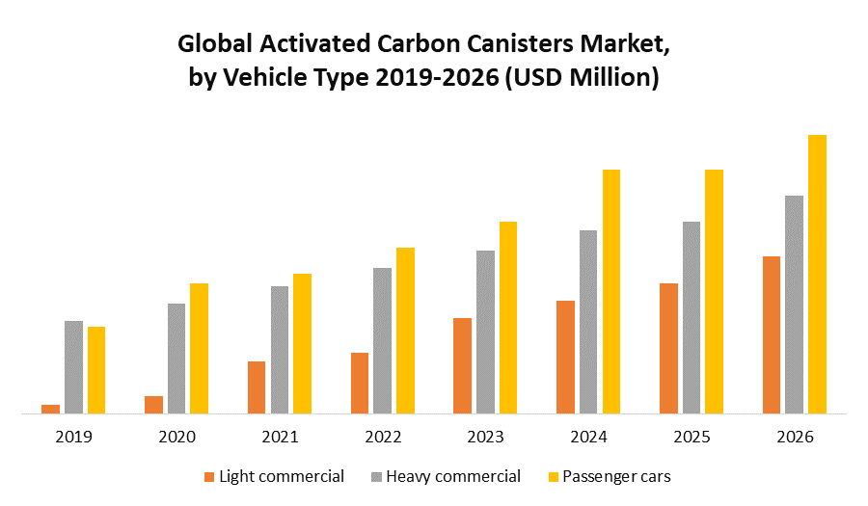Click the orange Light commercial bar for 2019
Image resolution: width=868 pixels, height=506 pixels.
coord(50,409)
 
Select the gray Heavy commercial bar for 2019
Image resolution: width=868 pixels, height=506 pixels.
coord(73,366)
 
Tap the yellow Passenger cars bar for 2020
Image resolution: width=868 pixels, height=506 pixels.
coord(199,348)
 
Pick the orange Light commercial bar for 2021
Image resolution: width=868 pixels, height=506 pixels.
coord(257,386)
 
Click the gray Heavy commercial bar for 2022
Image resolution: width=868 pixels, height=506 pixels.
coord(383,340)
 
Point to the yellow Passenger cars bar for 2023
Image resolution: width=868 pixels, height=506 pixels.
coord(508,317)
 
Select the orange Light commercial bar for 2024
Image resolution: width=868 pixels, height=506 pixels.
coord(565,357)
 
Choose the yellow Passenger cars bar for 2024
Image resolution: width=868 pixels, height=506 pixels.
coord(611,291)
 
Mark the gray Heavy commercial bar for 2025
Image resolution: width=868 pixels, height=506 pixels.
coord(692,317)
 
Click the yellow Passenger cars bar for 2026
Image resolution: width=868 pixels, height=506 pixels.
coord(817,274)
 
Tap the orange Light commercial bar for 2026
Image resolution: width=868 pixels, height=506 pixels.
coord(771,334)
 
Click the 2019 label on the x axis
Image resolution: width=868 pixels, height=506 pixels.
coord(73,437)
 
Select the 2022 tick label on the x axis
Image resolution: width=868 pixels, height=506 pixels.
coord(383,437)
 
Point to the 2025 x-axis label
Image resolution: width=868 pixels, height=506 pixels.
coord(692,437)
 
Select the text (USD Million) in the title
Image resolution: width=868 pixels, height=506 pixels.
coord(582,78)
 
